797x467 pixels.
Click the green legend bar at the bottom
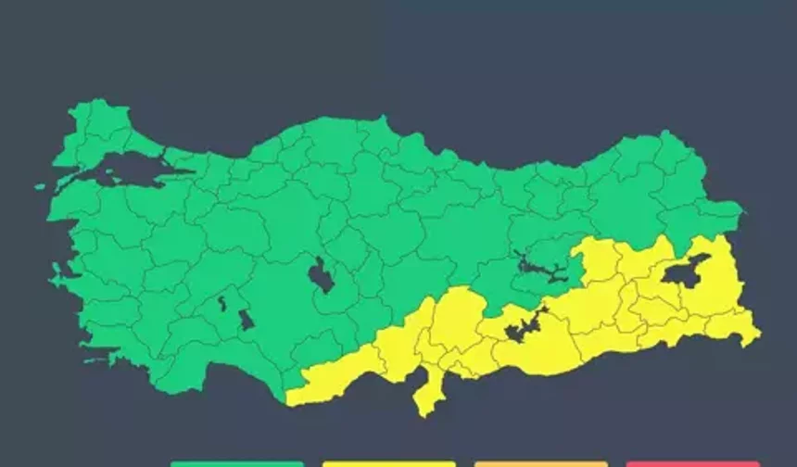coord(236,463)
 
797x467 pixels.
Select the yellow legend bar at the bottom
coord(389,463)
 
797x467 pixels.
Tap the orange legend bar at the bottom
coord(540,463)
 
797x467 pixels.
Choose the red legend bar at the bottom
coord(692,463)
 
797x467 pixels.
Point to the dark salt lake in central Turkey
coord(321,275)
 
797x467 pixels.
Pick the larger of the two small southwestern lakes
coord(246,320)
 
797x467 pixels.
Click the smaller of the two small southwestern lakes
coord(222,303)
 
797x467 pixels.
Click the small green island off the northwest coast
coord(41,186)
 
